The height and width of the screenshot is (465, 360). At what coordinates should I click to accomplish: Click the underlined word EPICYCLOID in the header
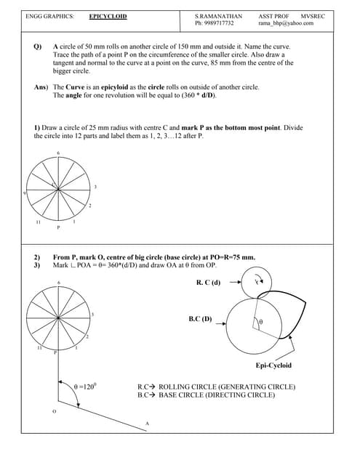point(108,15)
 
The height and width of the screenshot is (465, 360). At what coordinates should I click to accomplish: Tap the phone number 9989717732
point(219,23)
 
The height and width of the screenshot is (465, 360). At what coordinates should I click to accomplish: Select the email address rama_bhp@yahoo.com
point(286,23)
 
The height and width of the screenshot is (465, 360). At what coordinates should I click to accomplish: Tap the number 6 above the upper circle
point(58,153)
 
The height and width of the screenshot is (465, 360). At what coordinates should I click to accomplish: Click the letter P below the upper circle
point(58,227)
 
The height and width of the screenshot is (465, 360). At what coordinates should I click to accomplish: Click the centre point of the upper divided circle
point(58,189)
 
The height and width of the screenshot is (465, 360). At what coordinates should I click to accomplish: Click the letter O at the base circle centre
point(53,411)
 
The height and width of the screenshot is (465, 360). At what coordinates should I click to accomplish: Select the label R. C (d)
point(208,282)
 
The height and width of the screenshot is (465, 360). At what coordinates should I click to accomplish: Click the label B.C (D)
point(200,318)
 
